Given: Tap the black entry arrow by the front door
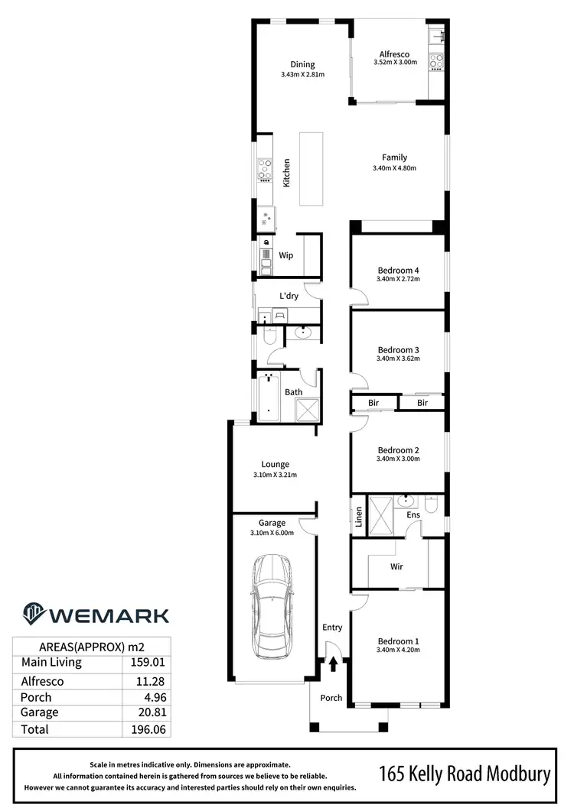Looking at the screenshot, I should coord(333,663).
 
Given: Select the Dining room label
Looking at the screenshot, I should coord(302,64).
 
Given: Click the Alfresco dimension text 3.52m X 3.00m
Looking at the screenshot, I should coord(395,63).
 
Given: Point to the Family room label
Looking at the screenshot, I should coord(395,157).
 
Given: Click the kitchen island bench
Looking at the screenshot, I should coord(311,168).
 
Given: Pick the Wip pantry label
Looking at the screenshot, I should coord(286,255).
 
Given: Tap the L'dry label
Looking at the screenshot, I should coord(289,296).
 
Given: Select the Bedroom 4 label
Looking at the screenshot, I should coord(398,270).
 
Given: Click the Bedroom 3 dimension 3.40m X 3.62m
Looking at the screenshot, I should coord(398,358).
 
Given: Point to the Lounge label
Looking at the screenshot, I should coord(275,464).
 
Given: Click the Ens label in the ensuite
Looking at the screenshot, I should coord(414,515).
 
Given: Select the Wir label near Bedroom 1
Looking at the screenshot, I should coord(396,567).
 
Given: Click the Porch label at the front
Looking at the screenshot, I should coord(331,697).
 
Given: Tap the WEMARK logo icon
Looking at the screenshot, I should coord(33,614).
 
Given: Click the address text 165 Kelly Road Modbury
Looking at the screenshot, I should coord(465,775).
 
